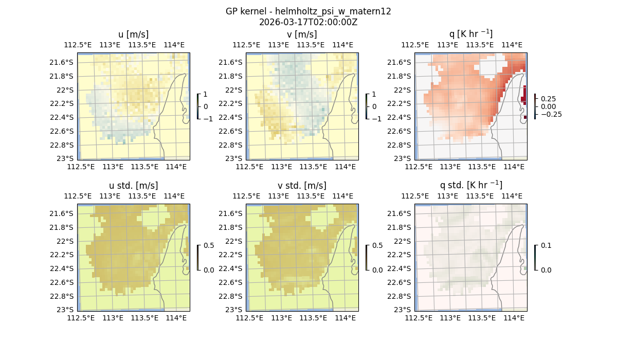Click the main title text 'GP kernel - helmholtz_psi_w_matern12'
(x=308, y=11)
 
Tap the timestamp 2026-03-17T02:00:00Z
(x=308, y=22)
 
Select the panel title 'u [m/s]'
(x=133, y=34)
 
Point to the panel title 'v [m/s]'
(x=302, y=34)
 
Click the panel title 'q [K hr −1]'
(x=470, y=34)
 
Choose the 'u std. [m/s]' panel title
(x=133, y=186)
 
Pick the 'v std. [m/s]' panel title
(x=302, y=186)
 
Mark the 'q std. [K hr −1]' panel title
(x=470, y=185)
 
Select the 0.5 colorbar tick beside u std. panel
(x=209, y=245)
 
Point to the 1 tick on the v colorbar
(x=374, y=94)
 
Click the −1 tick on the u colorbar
(x=208, y=119)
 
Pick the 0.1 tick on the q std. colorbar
(x=546, y=245)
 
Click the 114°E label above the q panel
(x=513, y=45)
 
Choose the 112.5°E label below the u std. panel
(x=81, y=318)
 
